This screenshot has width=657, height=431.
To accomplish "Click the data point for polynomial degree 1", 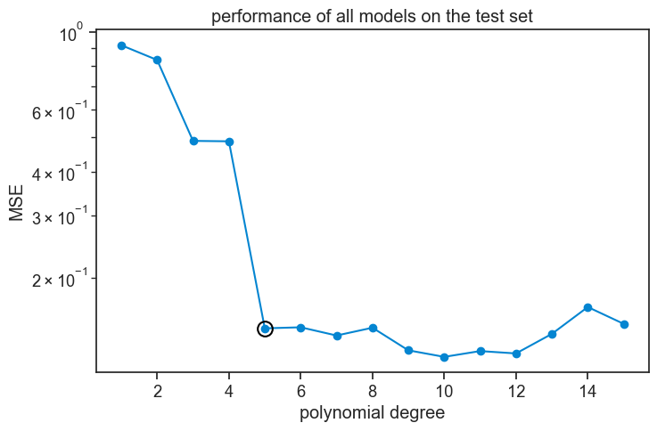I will tap(121, 45).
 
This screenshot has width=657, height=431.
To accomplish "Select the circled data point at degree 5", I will tap(265, 329).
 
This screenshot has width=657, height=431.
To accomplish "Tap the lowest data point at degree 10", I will tap(444, 357).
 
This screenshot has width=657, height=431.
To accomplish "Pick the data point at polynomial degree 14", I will tap(587, 307).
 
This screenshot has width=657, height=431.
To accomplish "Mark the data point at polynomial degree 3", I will tap(193, 141).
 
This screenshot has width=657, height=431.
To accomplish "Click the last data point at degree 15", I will tap(624, 324).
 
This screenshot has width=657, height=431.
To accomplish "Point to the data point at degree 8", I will tap(373, 328).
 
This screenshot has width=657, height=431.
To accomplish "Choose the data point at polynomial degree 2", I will tap(157, 60).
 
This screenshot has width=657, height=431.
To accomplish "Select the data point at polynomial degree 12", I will tap(516, 354).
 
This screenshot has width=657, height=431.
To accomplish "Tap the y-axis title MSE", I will tap(17, 202).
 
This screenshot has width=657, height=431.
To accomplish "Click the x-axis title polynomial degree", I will tap(372, 413).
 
